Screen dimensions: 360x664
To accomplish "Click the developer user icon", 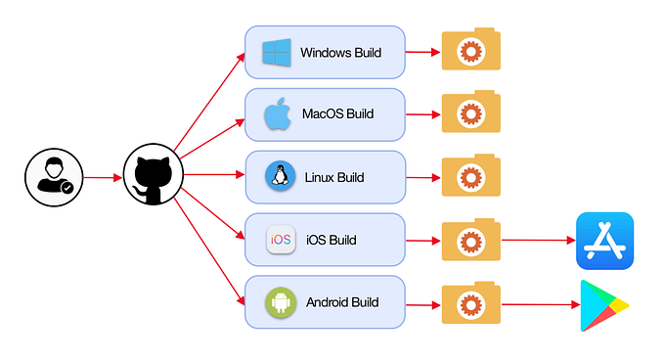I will pos(51,178).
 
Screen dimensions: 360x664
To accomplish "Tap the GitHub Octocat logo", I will pos(154,177).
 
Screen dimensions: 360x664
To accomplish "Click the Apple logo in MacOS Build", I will pos(279,114).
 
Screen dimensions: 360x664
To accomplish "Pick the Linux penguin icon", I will pos(281,177).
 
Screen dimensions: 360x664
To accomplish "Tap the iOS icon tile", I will pos(281,240).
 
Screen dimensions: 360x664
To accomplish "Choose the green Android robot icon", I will pos(281,302).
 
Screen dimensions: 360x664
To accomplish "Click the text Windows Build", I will pos(340,53).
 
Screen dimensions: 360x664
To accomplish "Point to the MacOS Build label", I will pos(338,114).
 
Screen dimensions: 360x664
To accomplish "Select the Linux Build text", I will pos(334,177).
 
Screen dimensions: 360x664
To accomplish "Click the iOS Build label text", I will pos(332,240).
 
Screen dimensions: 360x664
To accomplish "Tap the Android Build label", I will pos(341,302).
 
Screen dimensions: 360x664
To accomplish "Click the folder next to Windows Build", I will pos(471,51).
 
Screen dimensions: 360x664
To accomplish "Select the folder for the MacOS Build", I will pos(471,113).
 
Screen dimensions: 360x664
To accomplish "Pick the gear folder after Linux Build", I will pos(471,176).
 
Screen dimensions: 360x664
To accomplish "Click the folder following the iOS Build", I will pos(471,240).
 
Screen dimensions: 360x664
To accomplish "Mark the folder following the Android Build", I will pos(471,303).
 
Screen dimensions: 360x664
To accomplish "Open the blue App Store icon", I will pos(604,241).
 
